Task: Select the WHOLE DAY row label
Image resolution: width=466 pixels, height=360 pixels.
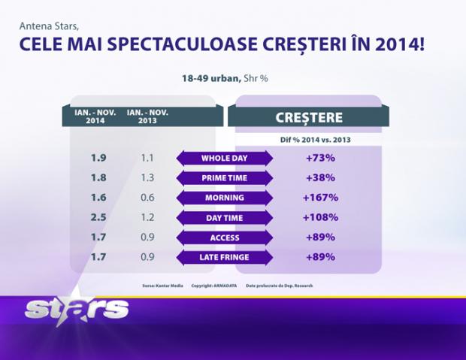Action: (225, 158)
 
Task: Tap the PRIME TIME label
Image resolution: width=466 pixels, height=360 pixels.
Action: (225, 178)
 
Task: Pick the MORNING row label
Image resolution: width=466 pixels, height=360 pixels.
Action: (225, 198)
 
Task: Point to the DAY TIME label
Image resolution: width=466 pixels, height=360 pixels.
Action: (225, 218)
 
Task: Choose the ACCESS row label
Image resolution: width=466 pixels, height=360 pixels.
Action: (225, 238)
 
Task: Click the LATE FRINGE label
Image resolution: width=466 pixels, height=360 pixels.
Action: (225, 258)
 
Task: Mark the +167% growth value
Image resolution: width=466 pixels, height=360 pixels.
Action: (320, 198)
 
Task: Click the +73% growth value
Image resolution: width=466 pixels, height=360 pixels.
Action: (320, 158)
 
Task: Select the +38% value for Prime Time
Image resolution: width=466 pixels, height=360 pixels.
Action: (320, 178)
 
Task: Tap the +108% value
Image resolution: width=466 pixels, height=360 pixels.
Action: (320, 218)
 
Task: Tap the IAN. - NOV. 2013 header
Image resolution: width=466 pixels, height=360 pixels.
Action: (147, 116)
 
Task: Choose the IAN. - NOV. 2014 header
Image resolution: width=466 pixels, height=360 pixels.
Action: (95, 116)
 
